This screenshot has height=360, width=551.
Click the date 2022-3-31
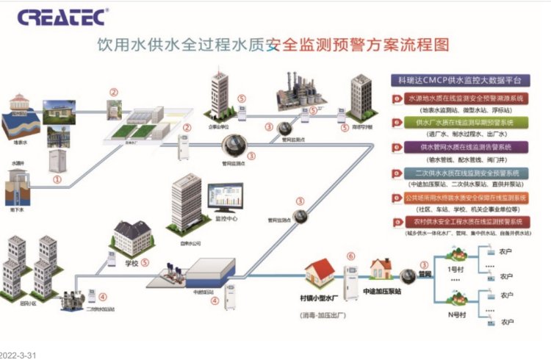[18, 354]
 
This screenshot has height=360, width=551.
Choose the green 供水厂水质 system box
[464, 122]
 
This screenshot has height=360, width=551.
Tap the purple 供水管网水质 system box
[464, 147]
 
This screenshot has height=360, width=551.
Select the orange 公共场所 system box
[464, 198]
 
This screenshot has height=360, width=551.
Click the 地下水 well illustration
[21, 181]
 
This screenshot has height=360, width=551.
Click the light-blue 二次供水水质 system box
[464, 173]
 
